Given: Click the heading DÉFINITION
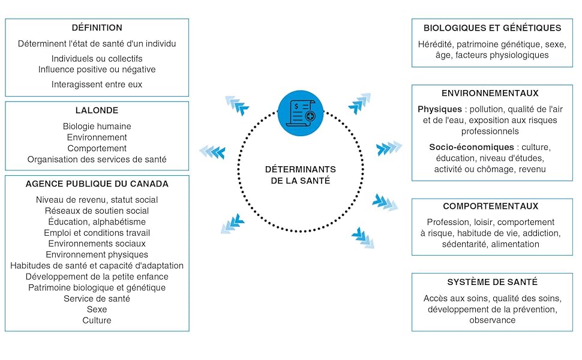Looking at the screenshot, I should pyautogui.click(x=97, y=28).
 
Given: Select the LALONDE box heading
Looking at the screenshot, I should pyautogui.click(x=97, y=110).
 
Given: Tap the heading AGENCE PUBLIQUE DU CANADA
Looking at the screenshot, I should pyautogui.click(x=97, y=184).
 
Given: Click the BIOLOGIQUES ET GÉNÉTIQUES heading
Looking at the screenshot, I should pyautogui.click(x=492, y=28).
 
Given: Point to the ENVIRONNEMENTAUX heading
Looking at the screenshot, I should pyautogui.click(x=490, y=94).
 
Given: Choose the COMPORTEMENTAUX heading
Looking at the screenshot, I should pyautogui.click(x=490, y=206).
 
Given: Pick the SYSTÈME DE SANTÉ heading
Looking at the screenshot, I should pyautogui.click(x=492, y=282).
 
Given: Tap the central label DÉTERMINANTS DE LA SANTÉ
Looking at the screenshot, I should pyautogui.click(x=301, y=175).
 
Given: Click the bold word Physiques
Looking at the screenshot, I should pyautogui.click(x=440, y=110).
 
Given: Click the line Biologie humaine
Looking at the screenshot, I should pyautogui.click(x=97, y=127).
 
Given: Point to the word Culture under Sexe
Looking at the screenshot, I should pyautogui.click(x=97, y=320).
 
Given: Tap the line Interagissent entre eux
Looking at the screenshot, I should pyautogui.click(x=97, y=84).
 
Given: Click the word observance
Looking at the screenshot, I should pyautogui.click(x=492, y=320).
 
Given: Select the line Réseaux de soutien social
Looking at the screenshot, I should pyautogui.click(x=97, y=211).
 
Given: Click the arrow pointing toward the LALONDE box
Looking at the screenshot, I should pyautogui.click(x=212, y=151).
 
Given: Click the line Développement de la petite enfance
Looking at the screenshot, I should pyautogui.click(x=97, y=277).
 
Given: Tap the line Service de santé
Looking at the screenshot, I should pyautogui.click(x=97, y=298).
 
